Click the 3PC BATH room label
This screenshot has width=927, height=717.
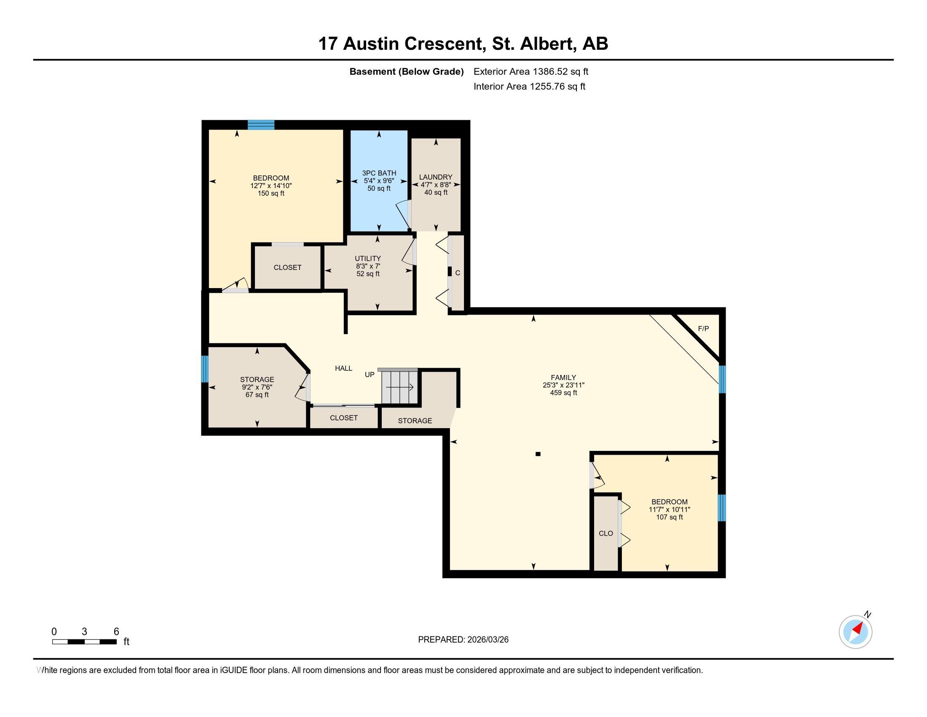379,173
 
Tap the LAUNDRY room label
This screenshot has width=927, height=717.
436,177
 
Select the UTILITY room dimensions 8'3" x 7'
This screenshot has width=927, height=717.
367,266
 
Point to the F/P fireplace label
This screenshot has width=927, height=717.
703,328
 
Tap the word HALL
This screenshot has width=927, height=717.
343,368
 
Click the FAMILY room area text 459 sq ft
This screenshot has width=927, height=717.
563,393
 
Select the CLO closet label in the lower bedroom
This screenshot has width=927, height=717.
605,533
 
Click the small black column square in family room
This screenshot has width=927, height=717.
538,454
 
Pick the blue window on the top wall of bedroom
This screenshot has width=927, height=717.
261,125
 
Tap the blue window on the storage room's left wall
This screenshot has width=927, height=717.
205,369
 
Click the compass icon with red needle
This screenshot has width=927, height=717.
855,632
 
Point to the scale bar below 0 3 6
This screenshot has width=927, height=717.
84,642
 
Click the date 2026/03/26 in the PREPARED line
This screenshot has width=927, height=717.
488,640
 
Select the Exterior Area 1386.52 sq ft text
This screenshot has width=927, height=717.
530,71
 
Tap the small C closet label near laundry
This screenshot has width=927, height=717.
458,273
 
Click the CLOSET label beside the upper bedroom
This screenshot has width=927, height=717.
287,267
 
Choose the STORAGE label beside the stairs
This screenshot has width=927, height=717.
415,421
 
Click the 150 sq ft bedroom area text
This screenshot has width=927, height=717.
271,193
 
